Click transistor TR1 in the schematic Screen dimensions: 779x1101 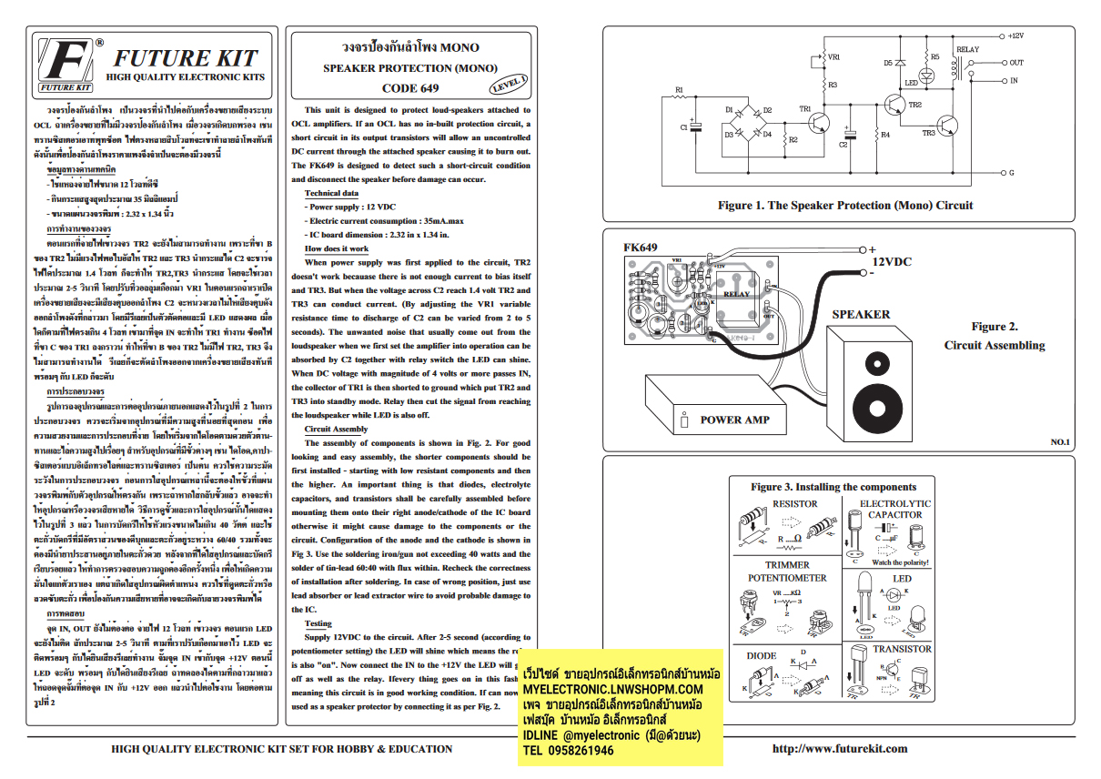[x=820, y=119]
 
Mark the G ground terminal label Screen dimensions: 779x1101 [x=1011, y=172]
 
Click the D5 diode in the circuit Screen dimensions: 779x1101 [x=900, y=63]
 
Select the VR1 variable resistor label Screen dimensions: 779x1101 [x=833, y=56]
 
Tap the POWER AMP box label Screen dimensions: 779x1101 [x=733, y=420]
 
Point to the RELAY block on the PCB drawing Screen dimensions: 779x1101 [x=736, y=295]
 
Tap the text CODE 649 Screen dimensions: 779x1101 [x=409, y=88]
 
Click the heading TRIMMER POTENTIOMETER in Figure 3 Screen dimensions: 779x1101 [x=787, y=572]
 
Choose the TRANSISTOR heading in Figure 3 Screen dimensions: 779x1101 [x=902, y=649]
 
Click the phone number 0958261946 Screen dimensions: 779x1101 [x=569, y=751]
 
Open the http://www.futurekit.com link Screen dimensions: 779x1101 [x=839, y=748]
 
